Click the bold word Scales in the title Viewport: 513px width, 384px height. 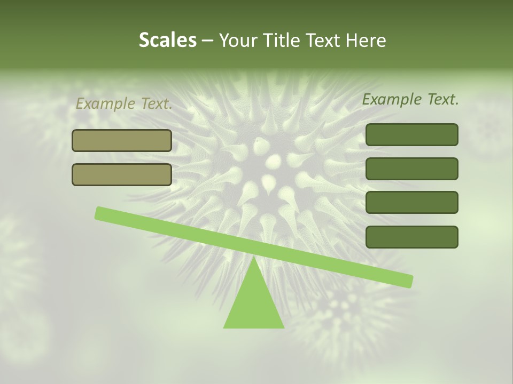(167, 40)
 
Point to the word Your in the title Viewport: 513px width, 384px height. (238, 40)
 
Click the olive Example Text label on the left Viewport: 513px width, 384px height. (123, 104)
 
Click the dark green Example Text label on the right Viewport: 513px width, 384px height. (410, 99)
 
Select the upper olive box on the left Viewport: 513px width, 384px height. (122, 141)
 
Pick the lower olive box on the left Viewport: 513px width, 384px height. (122, 174)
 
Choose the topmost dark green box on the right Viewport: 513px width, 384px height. (411, 135)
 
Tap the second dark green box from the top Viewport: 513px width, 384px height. (411, 169)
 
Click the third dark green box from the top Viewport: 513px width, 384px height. (411, 203)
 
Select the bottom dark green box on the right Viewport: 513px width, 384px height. (411, 237)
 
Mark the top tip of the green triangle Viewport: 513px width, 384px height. (253, 258)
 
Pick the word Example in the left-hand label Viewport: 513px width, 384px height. (105, 104)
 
